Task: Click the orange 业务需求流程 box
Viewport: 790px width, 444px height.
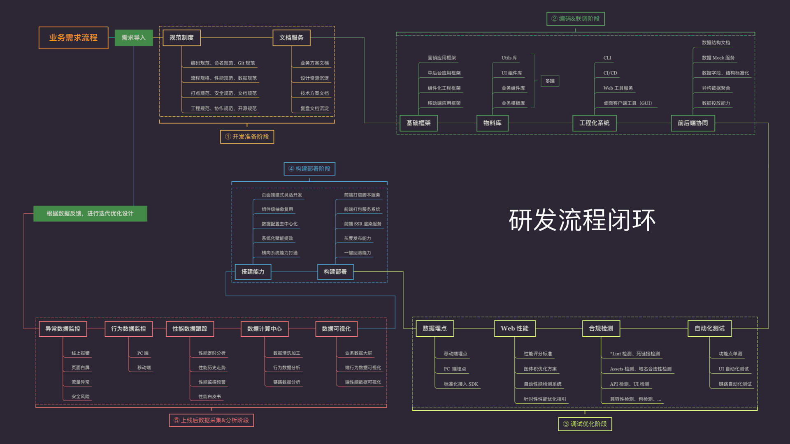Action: (x=73, y=38)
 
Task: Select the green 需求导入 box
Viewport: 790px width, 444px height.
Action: (x=133, y=38)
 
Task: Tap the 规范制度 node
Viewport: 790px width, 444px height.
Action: (x=181, y=38)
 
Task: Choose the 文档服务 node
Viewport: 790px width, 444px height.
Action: (x=291, y=38)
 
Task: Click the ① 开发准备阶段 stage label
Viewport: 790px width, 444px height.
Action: (x=247, y=136)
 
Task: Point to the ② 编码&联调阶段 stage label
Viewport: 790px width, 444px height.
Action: (x=575, y=19)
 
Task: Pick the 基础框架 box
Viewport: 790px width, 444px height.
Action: (x=418, y=123)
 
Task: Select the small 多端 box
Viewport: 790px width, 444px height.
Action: (x=550, y=81)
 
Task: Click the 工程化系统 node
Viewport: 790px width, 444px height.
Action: (x=594, y=123)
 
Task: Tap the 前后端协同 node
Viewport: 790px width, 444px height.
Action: (x=692, y=123)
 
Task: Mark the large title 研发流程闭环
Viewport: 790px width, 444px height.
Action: (x=582, y=220)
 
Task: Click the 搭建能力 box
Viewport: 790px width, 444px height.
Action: (x=253, y=272)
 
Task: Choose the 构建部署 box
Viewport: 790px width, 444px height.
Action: (x=335, y=272)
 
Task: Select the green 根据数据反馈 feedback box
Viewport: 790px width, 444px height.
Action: (x=90, y=213)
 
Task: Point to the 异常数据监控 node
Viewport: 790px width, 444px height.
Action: (x=63, y=329)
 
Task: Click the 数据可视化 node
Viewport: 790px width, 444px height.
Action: (x=336, y=329)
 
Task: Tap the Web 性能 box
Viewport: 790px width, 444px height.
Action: (x=514, y=328)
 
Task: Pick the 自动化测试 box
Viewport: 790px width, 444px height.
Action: (x=709, y=328)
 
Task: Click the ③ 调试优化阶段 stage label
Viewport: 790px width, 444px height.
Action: (x=585, y=424)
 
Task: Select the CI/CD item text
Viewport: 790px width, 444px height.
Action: (x=610, y=73)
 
